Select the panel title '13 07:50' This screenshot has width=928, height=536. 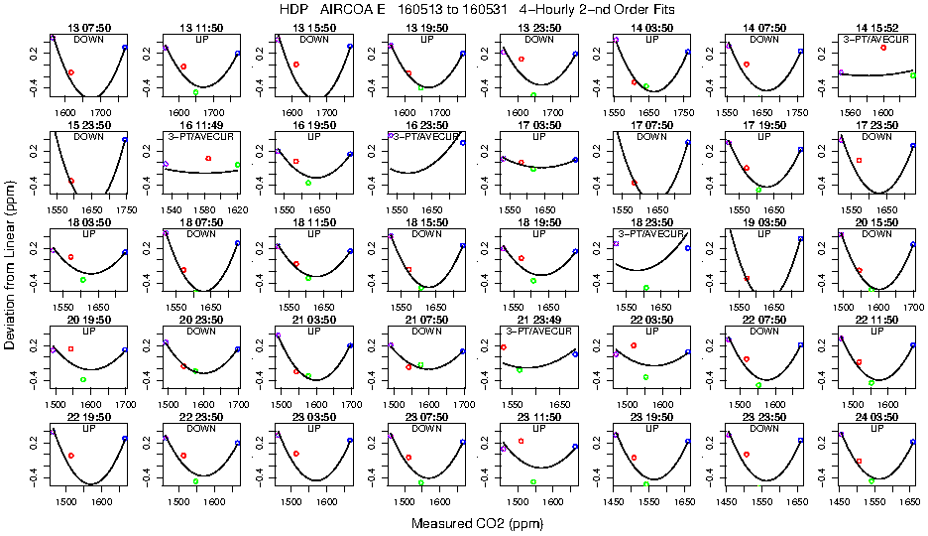point(88,30)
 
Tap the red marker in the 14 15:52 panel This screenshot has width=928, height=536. point(882,48)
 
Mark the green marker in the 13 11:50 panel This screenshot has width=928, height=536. point(195,91)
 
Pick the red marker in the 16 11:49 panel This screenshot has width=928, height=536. point(207,158)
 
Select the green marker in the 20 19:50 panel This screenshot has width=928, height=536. point(83,379)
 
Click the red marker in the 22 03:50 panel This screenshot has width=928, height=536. point(633,344)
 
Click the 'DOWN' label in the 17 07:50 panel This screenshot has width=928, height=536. point(651,137)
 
